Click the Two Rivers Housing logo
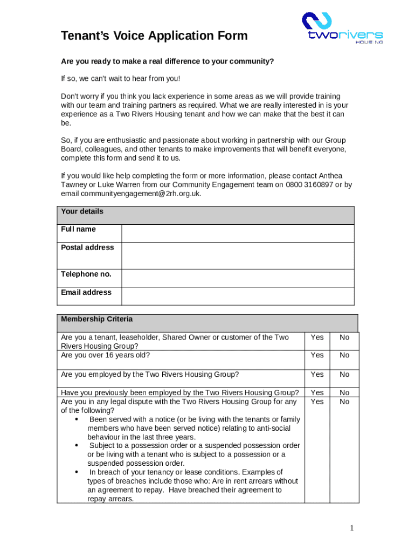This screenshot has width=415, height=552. click(x=342, y=28)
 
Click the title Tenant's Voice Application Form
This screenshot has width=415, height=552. click(x=154, y=36)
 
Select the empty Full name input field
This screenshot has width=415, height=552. click(x=238, y=233)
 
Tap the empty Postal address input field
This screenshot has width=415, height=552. click(x=238, y=256)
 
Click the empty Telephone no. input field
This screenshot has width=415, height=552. click(x=238, y=278)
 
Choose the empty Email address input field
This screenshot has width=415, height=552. click(x=238, y=296)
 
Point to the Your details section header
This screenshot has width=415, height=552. click(x=82, y=212)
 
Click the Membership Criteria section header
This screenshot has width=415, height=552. click(x=96, y=319)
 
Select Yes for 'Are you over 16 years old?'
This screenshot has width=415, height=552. click(x=317, y=355)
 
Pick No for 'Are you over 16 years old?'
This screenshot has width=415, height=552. click(x=344, y=355)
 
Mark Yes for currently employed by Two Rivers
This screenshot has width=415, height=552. click(x=317, y=375)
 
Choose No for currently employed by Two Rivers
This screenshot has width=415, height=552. click(x=344, y=375)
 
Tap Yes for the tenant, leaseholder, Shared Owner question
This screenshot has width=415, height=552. click(x=317, y=337)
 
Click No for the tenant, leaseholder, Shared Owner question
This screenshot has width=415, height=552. click(x=344, y=337)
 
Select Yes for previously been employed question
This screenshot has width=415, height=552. click(x=317, y=393)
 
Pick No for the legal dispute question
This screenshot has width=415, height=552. click(x=344, y=402)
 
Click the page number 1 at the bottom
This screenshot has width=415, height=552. click(x=351, y=528)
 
